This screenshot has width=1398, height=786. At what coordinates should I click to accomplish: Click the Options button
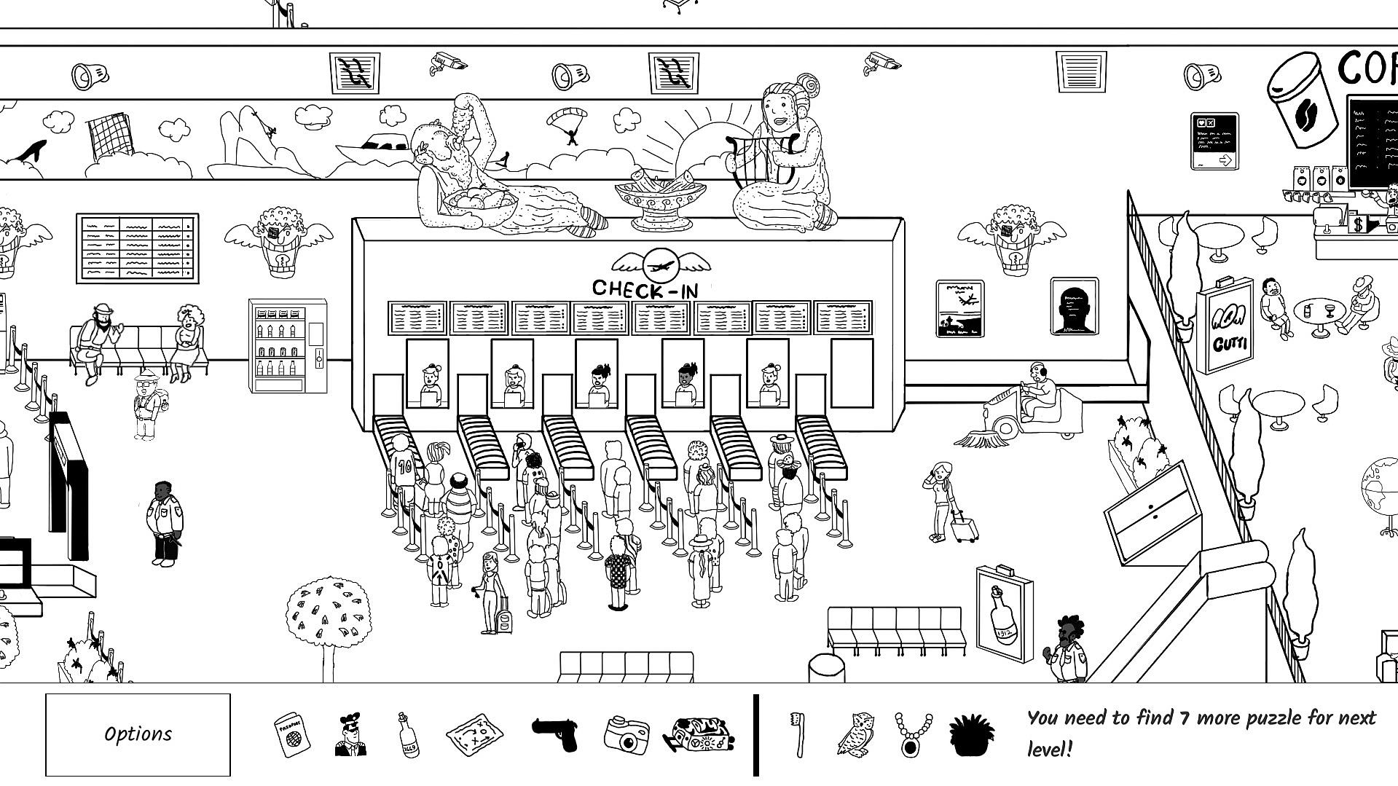[138, 734]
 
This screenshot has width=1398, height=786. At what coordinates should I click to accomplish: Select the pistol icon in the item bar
[554, 734]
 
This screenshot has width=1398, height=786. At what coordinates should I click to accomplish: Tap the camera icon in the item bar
[626, 734]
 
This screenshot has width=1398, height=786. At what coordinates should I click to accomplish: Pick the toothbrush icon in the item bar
[798, 734]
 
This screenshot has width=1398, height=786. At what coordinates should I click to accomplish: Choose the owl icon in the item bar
[855, 734]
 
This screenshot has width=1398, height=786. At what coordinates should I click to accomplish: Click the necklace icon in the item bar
[913, 734]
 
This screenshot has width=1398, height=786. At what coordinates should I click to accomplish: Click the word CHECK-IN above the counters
[645, 288]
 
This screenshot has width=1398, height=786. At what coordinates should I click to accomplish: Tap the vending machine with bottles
[287, 345]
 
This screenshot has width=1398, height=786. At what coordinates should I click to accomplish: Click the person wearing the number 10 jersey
[404, 466]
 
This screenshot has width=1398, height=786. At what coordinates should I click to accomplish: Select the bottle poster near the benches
[1005, 613]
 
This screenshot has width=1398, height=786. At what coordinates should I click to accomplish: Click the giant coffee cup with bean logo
[1304, 102]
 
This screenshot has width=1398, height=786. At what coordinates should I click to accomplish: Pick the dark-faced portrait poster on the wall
[1074, 307]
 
